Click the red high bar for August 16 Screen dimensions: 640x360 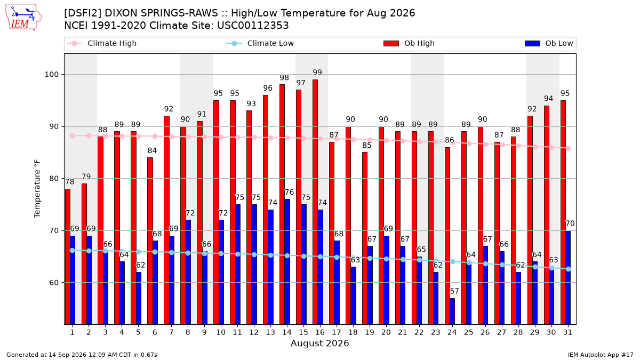point(315,202)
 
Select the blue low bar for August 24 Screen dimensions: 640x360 point(452,311)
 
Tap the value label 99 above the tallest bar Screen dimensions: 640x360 point(317,73)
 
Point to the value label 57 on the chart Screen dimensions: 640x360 point(454,291)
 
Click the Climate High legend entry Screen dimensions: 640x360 point(102,43)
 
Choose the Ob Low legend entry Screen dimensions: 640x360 point(549,43)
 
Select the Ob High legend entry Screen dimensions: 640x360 point(409,43)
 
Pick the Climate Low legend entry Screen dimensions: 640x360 point(260,43)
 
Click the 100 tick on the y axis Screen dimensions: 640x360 point(51,75)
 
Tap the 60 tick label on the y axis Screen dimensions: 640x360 point(54,283)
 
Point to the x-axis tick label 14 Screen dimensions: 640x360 point(287,333)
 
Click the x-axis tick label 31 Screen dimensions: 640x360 point(567,333)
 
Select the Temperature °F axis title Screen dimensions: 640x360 point(37,189)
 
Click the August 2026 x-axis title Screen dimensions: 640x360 point(320,343)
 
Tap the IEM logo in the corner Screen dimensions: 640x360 point(23,18)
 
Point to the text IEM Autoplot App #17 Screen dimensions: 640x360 point(601,355)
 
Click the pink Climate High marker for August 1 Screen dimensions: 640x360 point(73,135)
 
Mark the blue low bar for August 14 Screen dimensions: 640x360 point(287,262)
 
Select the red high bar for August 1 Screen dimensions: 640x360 point(68,257)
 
